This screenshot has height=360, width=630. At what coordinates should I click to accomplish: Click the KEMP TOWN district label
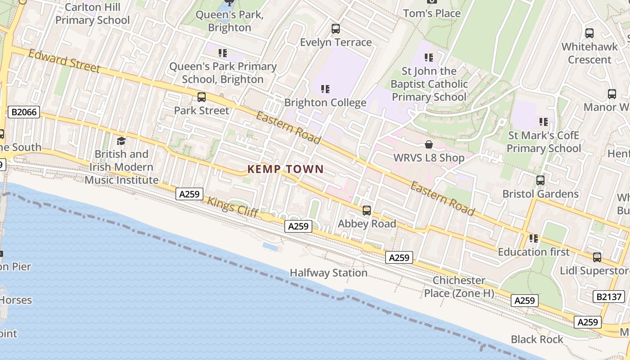(285, 169)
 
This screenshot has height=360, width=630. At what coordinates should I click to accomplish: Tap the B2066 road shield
(24, 112)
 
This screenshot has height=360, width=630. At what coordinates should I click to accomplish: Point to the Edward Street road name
(63, 61)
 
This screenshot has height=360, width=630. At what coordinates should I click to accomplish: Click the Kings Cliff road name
(232, 207)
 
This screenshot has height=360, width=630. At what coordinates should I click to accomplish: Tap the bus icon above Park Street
(202, 97)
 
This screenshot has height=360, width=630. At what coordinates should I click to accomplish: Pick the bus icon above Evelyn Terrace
(336, 29)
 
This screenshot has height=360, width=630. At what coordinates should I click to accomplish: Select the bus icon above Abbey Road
(367, 211)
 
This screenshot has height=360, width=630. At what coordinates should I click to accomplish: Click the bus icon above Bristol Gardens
(540, 180)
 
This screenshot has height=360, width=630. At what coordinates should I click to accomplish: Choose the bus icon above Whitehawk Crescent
(589, 33)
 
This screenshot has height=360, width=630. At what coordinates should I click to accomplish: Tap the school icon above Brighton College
(325, 89)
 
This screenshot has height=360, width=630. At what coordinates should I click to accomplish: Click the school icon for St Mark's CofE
(544, 122)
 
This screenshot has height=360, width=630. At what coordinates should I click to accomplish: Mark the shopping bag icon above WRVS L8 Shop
(429, 144)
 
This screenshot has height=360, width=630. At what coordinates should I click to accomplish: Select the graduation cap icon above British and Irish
(121, 141)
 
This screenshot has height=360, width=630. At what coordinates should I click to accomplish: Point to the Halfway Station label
(328, 273)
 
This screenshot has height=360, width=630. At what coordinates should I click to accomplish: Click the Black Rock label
(537, 339)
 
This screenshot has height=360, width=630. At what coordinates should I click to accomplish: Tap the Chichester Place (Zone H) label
(459, 287)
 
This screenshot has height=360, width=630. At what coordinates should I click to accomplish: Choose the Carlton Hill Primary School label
(93, 13)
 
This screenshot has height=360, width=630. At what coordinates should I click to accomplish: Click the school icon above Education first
(534, 238)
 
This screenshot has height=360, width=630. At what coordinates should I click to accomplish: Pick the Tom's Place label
(432, 13)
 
